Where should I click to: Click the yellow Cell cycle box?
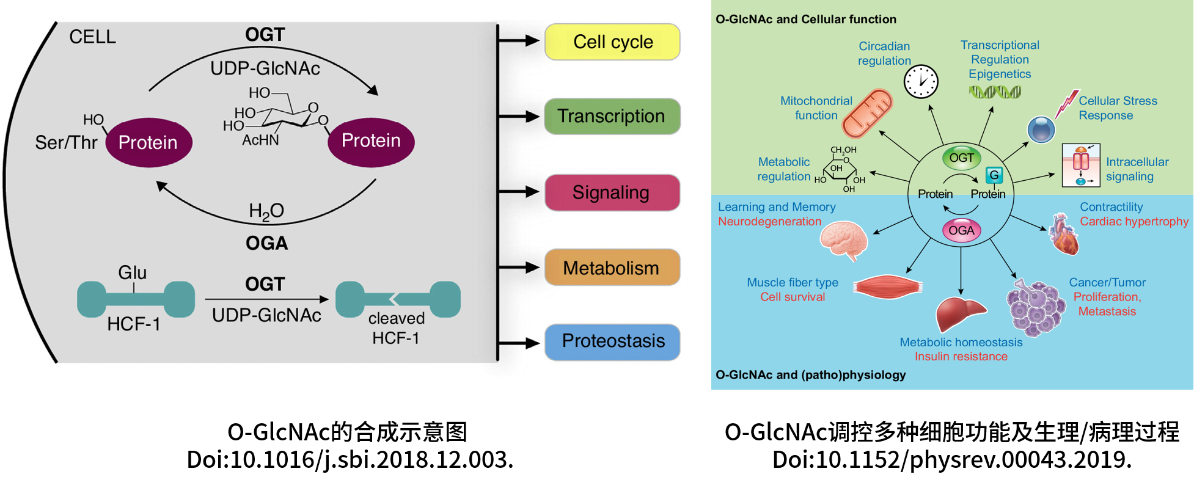tap(612, 42)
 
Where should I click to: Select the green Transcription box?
tap(612, 117)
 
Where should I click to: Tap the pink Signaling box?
tap(612, 193)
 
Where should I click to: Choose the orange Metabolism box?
tap(612, 268)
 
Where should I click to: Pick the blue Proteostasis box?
tap(612, 341)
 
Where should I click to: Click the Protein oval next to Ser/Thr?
tap(148, 142)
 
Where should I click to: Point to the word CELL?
tap(92, 37)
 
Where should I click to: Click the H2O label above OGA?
tap(266, 211)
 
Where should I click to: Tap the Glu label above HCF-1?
tap(133, 272)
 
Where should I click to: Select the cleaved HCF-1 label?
tap(396, 327)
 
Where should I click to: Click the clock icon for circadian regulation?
tap(921, 81)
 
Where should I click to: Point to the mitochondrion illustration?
tap(867, 114)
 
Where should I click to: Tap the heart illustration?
tap(1064, 235)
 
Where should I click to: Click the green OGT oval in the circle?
tap(961, 158)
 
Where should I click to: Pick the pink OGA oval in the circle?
tap(961, 231)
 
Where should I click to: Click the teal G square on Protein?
tap(994, 175)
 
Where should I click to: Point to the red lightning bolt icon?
tap(1066, 104)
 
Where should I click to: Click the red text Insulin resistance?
tap(961, 357)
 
